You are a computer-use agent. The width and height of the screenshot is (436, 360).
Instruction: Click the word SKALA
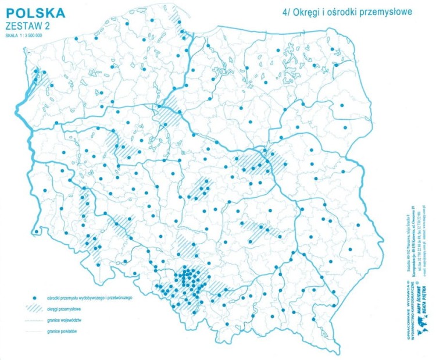(12, 35)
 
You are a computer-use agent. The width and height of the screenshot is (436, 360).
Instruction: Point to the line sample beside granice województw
(34, 320)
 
